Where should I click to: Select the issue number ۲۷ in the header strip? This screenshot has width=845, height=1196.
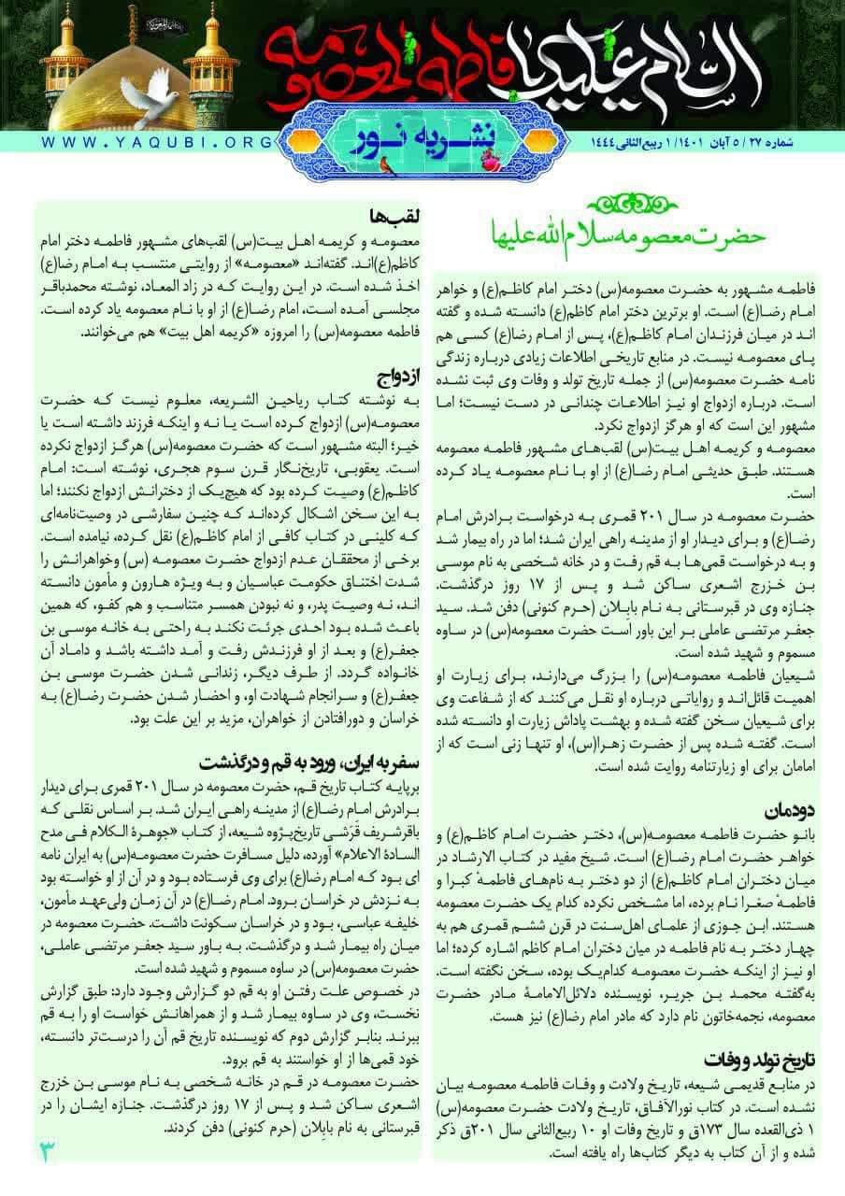pos(778,142)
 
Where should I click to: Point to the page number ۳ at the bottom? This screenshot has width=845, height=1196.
pos(50,1148)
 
